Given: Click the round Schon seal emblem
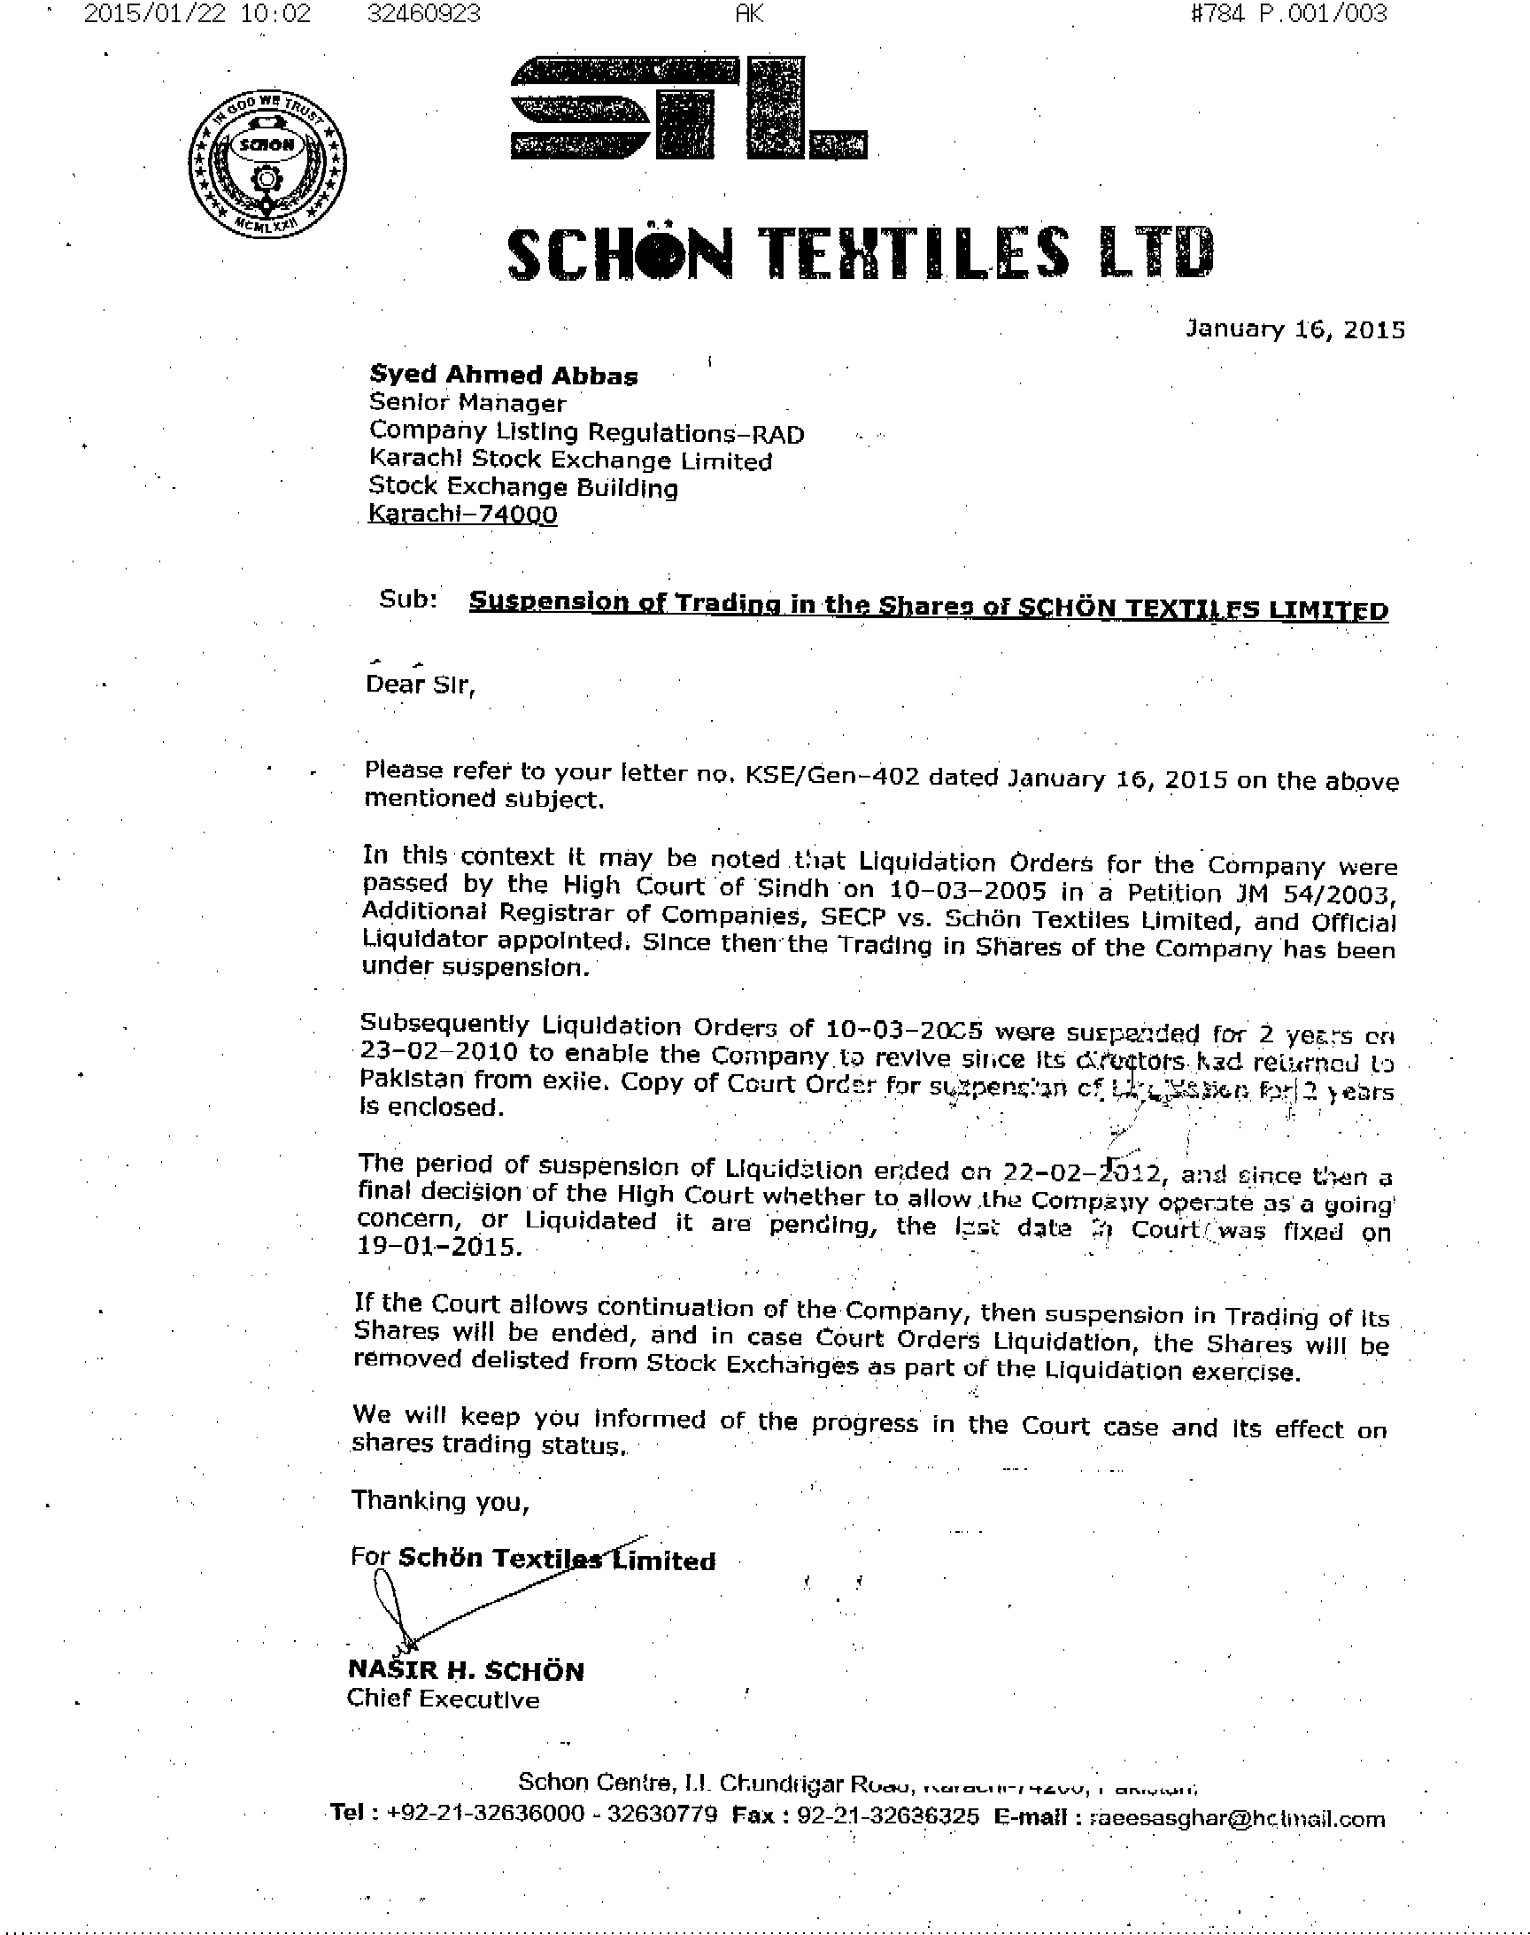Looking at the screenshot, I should click(x=268, y=165).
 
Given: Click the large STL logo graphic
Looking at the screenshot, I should click(x=688, y=108).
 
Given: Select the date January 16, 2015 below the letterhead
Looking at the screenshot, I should click(x=1294, y=329).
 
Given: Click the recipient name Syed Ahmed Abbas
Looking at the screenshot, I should click(x=504, y=375).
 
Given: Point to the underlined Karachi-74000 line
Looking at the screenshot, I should click(x=463, y=515).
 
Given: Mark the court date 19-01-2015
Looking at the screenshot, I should click(x=438, y=1246).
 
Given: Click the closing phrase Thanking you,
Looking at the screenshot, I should click(x=440, y=1500).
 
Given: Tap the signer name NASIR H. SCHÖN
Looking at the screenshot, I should click(x=465, y=1671).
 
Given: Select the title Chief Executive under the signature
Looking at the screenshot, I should click(x=443, y=1699).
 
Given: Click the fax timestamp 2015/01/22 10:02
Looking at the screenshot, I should click(x=197, y=13).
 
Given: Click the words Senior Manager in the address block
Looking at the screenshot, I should click(x=467, y=403).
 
